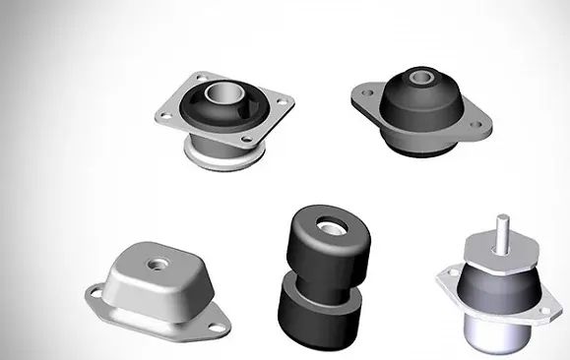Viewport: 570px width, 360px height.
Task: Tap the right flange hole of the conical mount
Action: point(481,127)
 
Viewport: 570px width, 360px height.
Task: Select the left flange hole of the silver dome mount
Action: point(100,292)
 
